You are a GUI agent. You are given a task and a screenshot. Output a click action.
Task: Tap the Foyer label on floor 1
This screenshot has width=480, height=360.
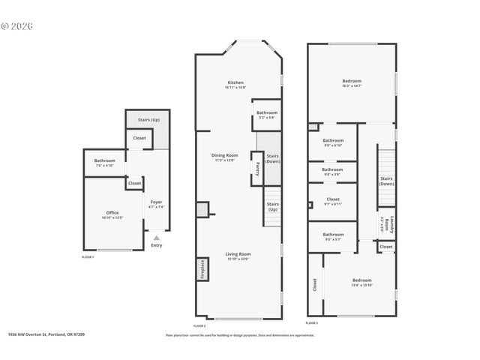(x=156, y=203)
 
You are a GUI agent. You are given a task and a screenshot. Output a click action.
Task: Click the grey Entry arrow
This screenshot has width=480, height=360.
(x=156, y=237)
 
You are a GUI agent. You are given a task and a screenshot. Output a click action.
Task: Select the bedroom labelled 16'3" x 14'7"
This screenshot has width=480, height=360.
(x=352, y=82)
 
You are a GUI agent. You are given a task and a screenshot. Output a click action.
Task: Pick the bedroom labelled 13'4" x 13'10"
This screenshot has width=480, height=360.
(x=361, y=282)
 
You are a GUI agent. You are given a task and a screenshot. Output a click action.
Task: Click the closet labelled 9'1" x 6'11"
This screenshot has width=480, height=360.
(x=333, y=201)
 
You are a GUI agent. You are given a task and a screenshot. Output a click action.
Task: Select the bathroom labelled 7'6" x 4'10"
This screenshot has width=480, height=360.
(x=104, y=163)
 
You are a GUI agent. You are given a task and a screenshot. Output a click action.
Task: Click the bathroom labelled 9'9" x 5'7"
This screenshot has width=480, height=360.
(x=333, y=236)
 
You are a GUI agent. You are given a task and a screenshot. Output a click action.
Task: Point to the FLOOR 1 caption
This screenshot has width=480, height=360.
(x=88, y=257)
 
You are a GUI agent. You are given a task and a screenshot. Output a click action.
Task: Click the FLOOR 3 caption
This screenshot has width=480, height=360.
(x=311, y=323)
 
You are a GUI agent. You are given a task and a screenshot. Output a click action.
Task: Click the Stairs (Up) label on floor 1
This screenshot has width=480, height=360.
(x=148, y=120)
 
